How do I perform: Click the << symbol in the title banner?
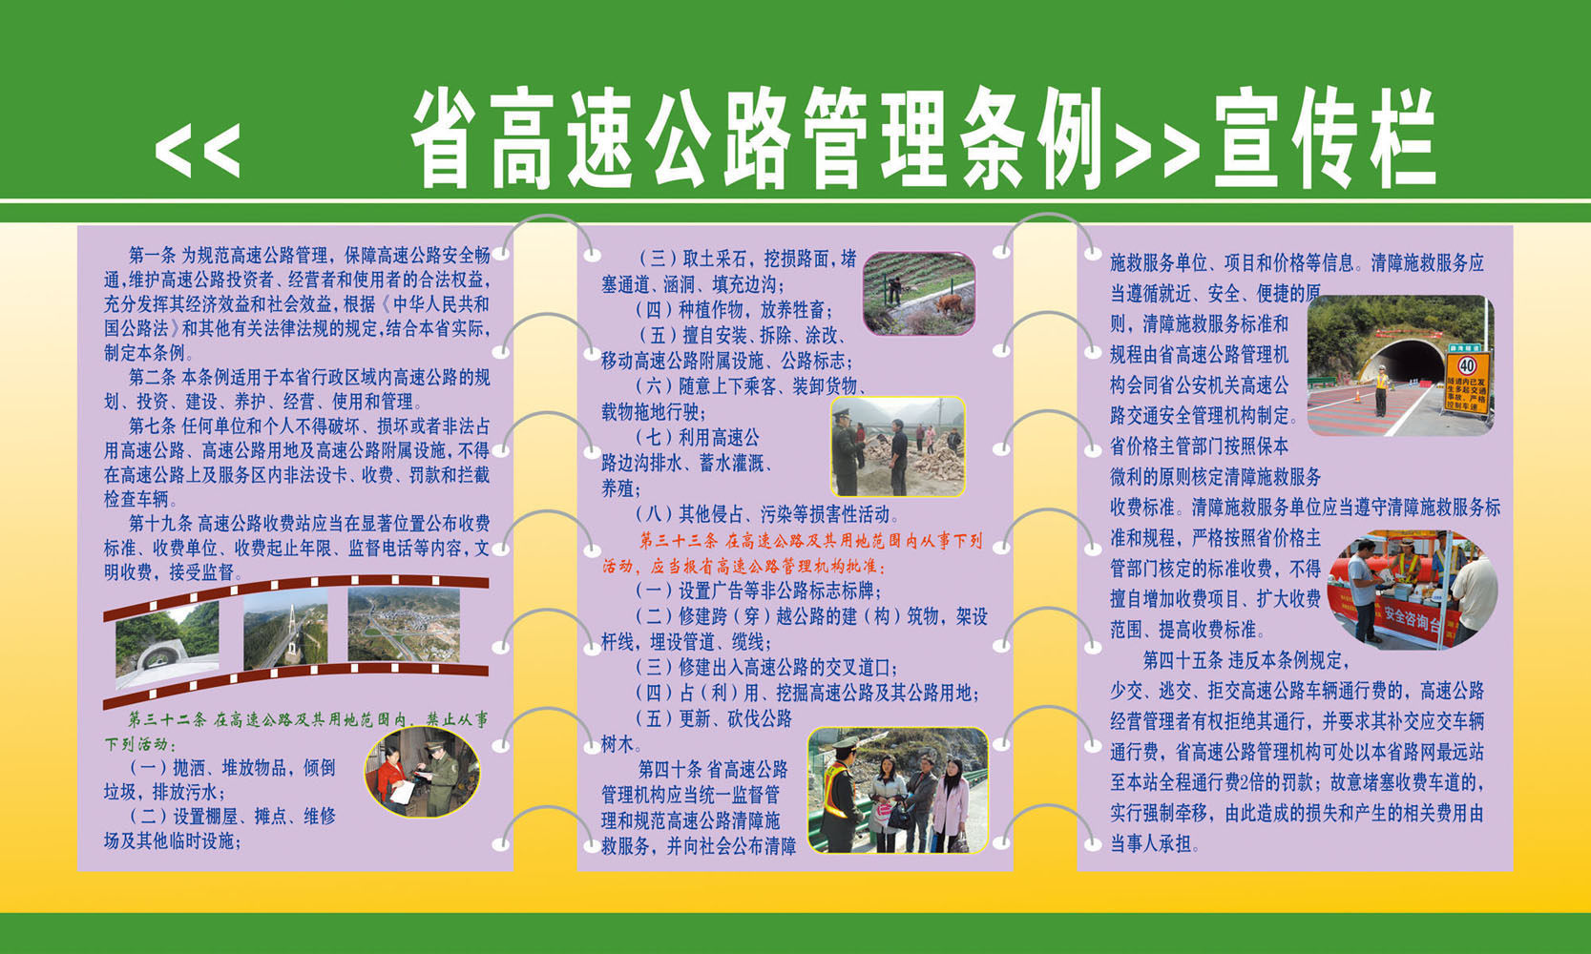pyautogui.click(x=197, y=150)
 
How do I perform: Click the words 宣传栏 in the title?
pyautogui.click(x=1325, y=140)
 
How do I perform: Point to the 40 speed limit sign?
pyautogui.click(x=1467, y=365)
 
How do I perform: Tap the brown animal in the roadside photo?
pyautogui.click(x=948, y=304)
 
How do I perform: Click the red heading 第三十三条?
pyautogui.click(x=678, y=541)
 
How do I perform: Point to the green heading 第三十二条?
pyautogui.click(x=167, y=719)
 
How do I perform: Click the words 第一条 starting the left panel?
pyautogui.click(x=152, y=255)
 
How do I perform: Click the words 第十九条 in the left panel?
pyautogui.click(x=160, y=523)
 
